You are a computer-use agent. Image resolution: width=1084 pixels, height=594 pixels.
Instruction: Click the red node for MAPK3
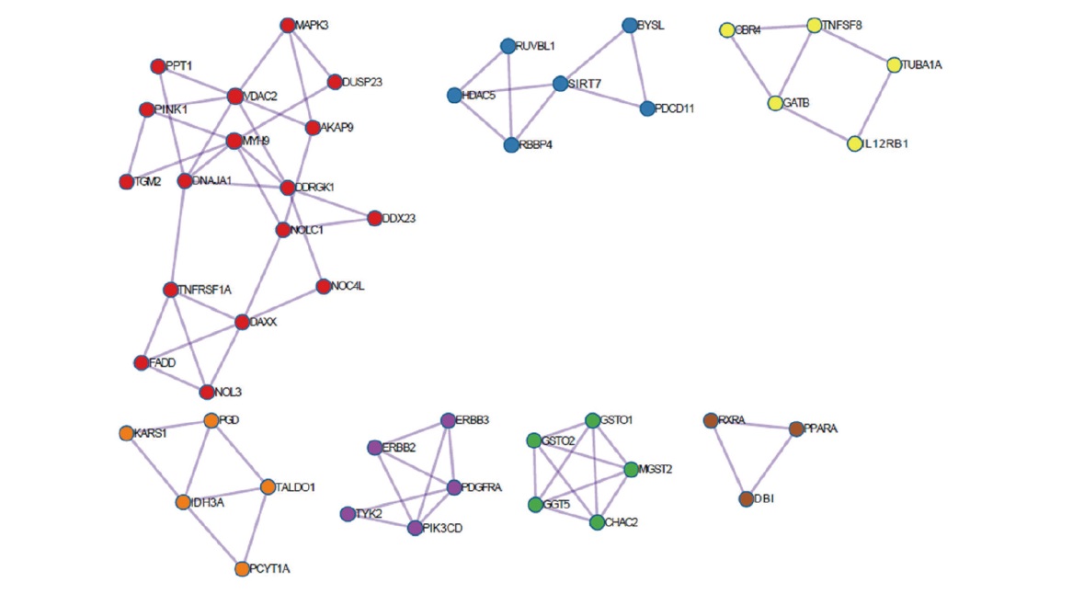coord(288,25)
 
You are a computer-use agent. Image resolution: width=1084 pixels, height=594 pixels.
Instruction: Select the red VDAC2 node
coord(234,97)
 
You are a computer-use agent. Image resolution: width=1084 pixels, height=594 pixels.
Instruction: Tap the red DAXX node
coord(242,322)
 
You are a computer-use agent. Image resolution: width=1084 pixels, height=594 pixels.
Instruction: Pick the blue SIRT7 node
coord(560,84)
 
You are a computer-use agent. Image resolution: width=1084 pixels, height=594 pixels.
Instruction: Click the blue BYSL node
coord(630,25)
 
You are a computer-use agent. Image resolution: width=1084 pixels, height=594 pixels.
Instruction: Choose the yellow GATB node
coord(776,103)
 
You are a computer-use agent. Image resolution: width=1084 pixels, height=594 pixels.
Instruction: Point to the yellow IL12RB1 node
coord(855,144)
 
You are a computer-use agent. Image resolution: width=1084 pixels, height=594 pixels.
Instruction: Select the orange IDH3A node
coord(184,502)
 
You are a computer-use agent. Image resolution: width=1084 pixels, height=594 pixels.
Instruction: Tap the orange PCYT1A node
coord(242,569)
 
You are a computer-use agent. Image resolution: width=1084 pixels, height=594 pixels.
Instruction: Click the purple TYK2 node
coord(348,513)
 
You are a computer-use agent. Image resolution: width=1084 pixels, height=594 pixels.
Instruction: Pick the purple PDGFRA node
coord(454,487)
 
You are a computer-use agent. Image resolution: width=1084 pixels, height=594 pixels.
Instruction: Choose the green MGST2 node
coord(631,469)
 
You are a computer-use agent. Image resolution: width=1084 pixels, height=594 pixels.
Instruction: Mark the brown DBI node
coord(747,498)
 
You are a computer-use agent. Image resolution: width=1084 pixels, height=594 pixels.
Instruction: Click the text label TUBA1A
coord(922,65)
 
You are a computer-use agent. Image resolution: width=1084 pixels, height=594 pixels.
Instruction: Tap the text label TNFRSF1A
coord(205,290)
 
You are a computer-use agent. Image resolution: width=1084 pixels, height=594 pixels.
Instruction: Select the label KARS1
coord(151,432)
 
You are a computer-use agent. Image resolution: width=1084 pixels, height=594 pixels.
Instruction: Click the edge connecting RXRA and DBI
coord(728,460)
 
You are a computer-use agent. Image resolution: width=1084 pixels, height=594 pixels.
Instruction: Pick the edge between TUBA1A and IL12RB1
coord(874,105)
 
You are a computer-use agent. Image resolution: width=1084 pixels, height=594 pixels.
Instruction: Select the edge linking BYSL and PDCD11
coord(639,67)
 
